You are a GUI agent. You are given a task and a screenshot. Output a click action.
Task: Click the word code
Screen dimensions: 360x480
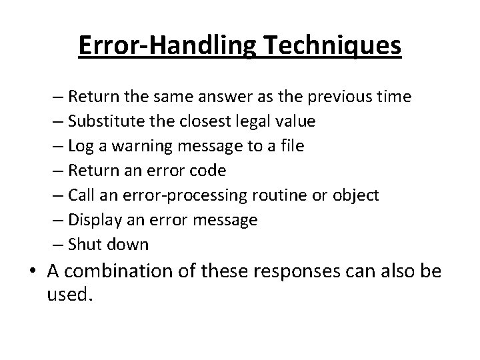pos(209,171)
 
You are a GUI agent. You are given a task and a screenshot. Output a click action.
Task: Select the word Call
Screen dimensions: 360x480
pos(80,195)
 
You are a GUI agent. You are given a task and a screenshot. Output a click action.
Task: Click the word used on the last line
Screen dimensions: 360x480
pos(69,294)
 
